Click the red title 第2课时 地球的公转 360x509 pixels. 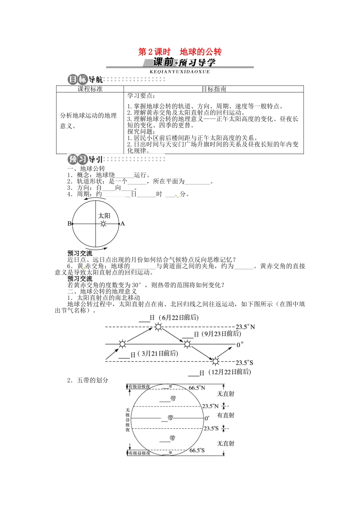(180, 52)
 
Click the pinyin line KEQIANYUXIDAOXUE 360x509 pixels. (180, 72)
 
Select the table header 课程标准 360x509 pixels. (90, 89)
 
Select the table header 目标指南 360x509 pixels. (214, 89)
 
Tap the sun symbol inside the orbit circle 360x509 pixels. (103, 224)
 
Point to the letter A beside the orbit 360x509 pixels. (122, 224)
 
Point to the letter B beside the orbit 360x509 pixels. (69, 224)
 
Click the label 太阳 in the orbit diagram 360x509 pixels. (104, 215)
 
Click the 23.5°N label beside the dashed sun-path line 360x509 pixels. (245, 327)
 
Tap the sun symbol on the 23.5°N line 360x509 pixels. (158, 327)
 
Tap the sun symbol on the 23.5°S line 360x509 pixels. (215, 361)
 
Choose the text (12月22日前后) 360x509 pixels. (230, 372)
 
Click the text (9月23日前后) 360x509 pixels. (221, 334)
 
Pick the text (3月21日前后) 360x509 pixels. (158, 353)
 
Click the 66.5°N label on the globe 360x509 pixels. (197, 388)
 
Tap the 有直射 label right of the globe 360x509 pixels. (225, 415)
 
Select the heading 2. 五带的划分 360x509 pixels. (88, 380)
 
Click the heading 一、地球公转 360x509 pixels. (86, 169)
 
